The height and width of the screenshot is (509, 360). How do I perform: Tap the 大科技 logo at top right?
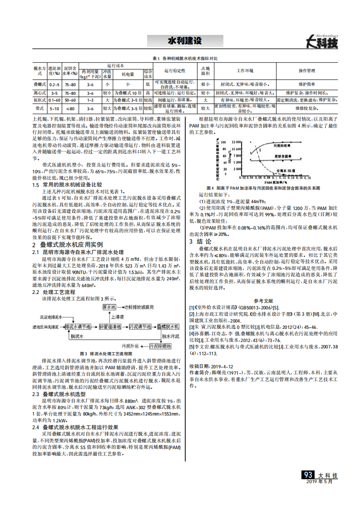click(322, 42)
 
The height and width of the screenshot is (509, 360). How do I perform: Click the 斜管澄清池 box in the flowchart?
click(110, 326)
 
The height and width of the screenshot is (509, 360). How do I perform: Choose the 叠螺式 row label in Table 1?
click(39, 84)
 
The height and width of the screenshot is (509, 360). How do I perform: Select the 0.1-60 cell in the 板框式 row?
click(54, 99)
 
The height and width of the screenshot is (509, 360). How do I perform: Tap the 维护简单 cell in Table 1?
click(307, 84)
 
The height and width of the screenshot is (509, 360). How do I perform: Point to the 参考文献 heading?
click(263, 300)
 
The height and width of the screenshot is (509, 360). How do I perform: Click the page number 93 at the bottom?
click(308, 475)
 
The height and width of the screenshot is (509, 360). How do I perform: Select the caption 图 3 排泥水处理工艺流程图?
click(105, 353)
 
